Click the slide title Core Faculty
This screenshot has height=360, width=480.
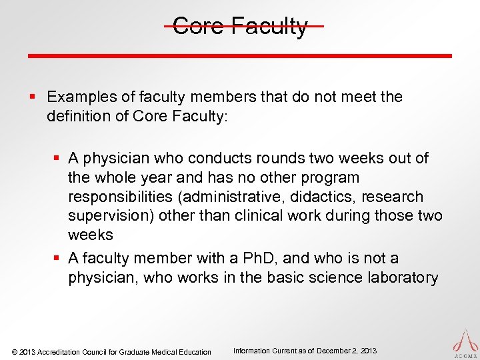click(240, 27)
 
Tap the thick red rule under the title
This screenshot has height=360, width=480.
click(240, 55)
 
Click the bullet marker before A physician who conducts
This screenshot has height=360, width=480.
click(58, 159)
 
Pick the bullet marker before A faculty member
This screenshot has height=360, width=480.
click(58, 258)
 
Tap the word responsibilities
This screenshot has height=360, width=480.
click(121, 197)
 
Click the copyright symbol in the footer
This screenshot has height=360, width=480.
click(15, 352)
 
